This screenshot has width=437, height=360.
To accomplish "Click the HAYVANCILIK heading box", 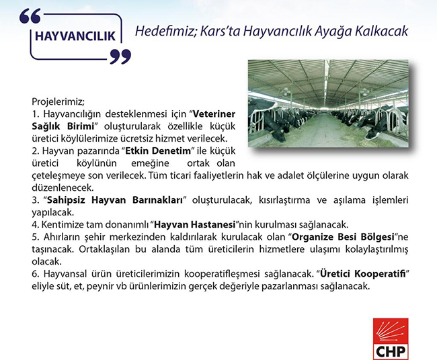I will [x=75, y=35].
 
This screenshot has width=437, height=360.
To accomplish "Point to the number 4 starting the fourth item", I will [x=35, y=223].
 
